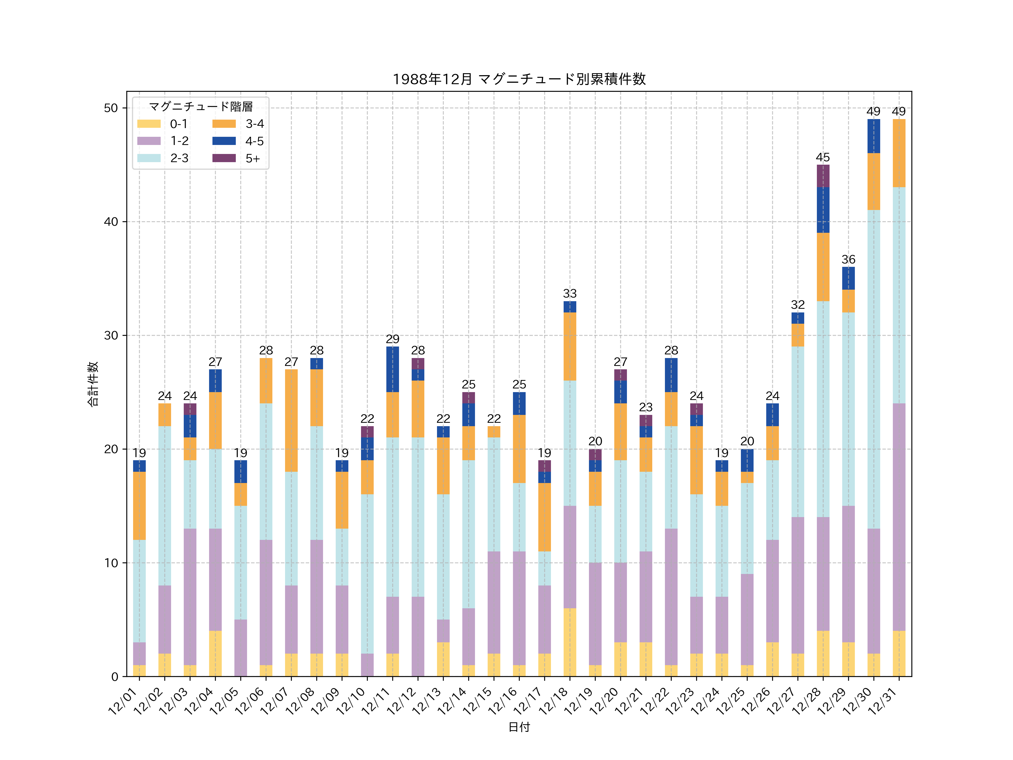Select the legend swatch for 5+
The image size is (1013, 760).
pos(224,158)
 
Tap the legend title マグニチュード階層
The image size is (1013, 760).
pos(201,107)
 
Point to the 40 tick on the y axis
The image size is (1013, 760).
pos(111,222)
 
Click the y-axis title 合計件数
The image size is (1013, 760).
pos(93,384)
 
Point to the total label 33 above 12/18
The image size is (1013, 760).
pos(570,294)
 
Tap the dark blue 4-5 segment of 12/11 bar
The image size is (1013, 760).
pos(393,369)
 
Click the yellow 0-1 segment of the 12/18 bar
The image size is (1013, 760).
pos(570,642)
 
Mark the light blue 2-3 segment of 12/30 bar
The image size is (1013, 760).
pos(873,369)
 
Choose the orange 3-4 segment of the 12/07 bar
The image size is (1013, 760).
pos(291,421)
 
